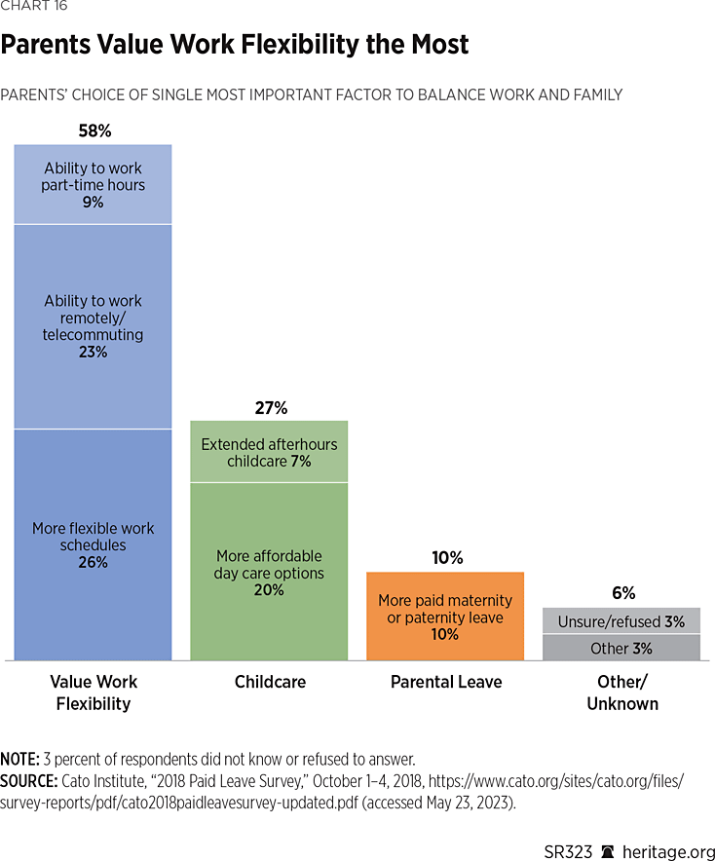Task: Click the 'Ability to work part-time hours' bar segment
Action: click(93, 184)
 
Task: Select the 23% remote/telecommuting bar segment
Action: click(93, 326)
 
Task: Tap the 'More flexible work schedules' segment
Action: click(93, 544)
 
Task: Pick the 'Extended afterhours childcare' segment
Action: click(269, 452)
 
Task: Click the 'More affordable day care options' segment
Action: click(269, 572)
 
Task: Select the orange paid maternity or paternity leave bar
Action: click(445, 617)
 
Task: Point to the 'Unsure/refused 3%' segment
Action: click(621, 620)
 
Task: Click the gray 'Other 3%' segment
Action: click(621, 648)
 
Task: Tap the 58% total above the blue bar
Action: click(94, 130)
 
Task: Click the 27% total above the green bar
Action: click(269, 407)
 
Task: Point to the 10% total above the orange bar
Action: click(445, 558)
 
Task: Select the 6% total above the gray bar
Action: click(623, 592)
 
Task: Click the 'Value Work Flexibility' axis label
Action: click(94, 693)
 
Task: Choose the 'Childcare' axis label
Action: click(270, 682)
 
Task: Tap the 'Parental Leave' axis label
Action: click(446, 682)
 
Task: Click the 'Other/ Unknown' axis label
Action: click(622, 693)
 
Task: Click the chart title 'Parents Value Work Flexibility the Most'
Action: click(234, 45)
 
